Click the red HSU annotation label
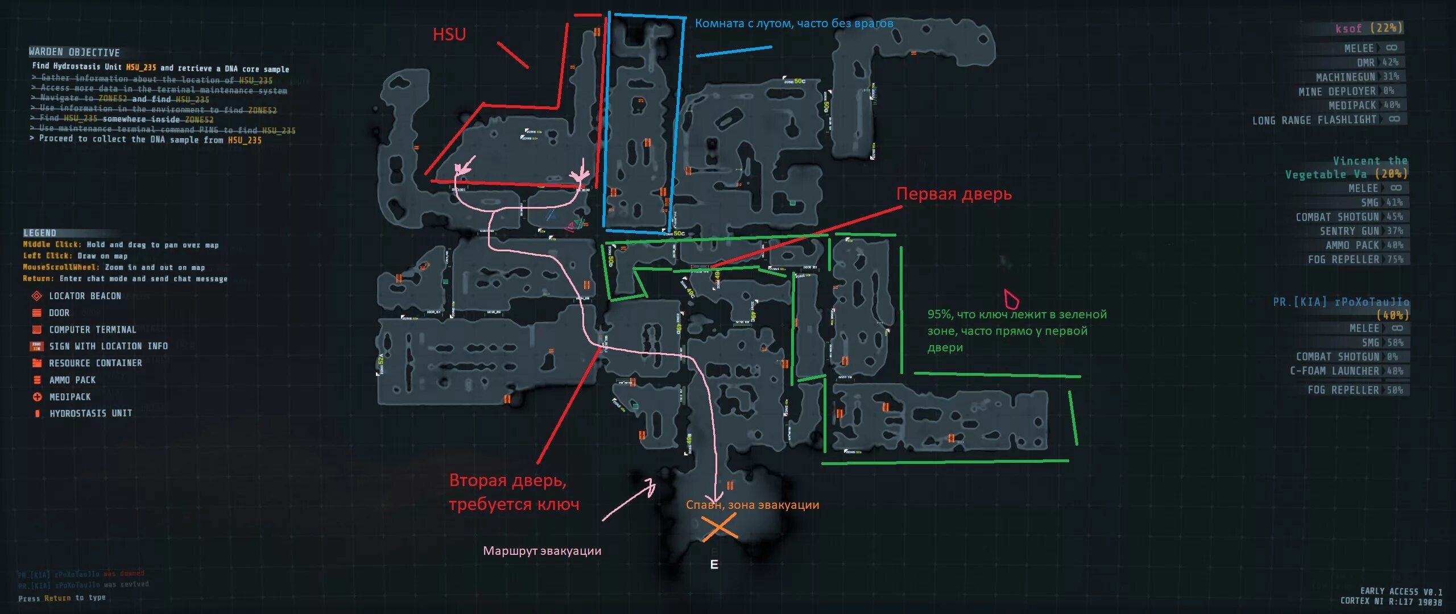449,35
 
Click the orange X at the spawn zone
719,527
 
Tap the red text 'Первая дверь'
954,194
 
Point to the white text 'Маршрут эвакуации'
542,550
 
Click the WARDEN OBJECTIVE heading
75,52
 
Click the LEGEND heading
40,233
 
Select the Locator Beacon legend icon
37,296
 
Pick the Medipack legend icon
37,397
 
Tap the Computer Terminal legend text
92,330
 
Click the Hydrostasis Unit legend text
90,413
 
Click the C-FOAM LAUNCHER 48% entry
1346,371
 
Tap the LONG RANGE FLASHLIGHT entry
1325,120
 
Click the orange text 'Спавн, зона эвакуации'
752,505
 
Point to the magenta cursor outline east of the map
1011,298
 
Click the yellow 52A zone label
380,360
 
